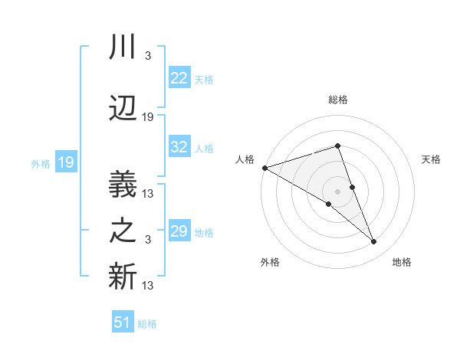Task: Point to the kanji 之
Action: click(123, 231)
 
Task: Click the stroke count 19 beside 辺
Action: click(148, 117)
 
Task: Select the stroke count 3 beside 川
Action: click(147, 57)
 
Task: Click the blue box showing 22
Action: click(179, 77)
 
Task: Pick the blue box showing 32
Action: click(179, 147)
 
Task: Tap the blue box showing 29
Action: click(179, 231)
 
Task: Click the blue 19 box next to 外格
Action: click(65, 162)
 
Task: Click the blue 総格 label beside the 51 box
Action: click(147, 324)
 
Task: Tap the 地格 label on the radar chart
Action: click(402, 262)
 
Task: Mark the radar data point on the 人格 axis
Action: click(264, 167)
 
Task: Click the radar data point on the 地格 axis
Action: click(374, 242)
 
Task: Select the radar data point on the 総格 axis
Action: click(337, 146)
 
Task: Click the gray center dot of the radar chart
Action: click(337, 191)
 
